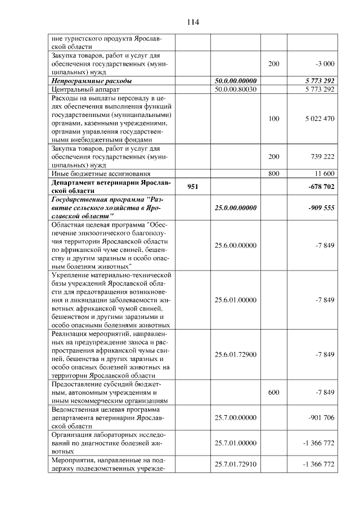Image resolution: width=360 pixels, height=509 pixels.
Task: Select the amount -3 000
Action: pos(325,64)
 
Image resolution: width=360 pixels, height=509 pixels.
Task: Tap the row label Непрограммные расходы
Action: pos(92,81)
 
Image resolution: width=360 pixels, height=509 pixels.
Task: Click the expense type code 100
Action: pos(274,119)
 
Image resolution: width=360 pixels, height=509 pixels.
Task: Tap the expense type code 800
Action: pos(274,174)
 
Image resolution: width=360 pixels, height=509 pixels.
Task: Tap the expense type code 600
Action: pos(274,393)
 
